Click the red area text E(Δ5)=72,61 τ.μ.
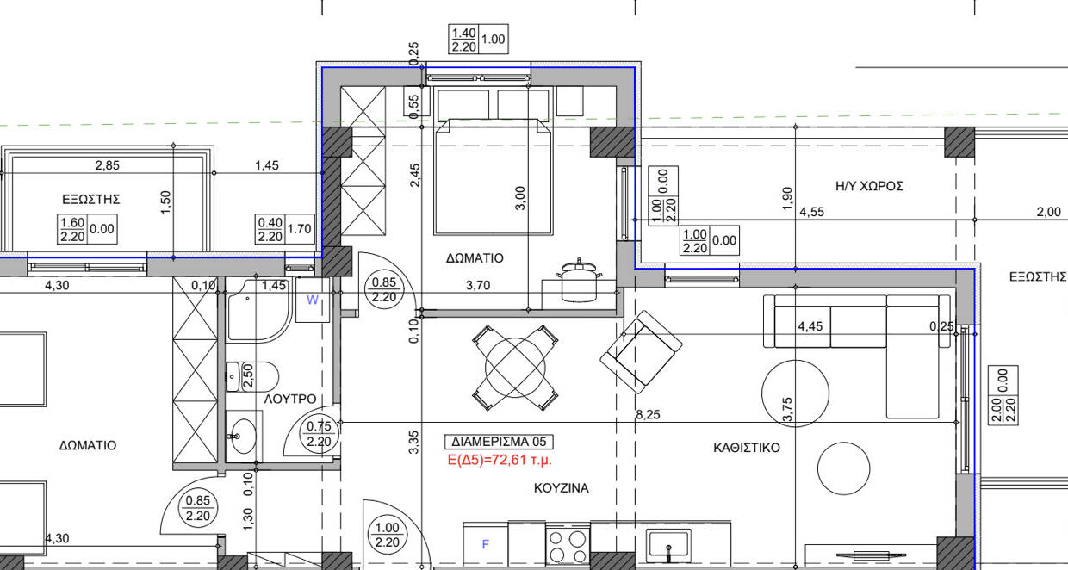tap(500, 460)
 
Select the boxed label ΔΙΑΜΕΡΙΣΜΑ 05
tap(499, 442)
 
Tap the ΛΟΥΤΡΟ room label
tap(290, 399)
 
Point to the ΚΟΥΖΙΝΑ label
tap(562, 488)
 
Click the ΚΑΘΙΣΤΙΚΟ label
tap(747, 448)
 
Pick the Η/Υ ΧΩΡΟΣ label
tap(869, 186)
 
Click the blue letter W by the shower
tap(313, 300)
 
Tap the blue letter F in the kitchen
tap(486, 544)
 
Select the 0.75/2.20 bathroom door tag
tap(319, 434)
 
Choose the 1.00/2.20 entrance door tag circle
tap(388, 535)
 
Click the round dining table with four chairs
tap(515, 368)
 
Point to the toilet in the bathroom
tap(252, 376)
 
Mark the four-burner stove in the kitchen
tap(568, 547)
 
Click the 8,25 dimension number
tap(648, 415)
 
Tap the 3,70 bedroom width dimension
tap(478, 286)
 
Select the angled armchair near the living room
tap(642, 351)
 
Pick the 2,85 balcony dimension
tap(108, 165)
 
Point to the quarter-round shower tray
tap(258, 311)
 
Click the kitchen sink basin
tap(668, 545)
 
